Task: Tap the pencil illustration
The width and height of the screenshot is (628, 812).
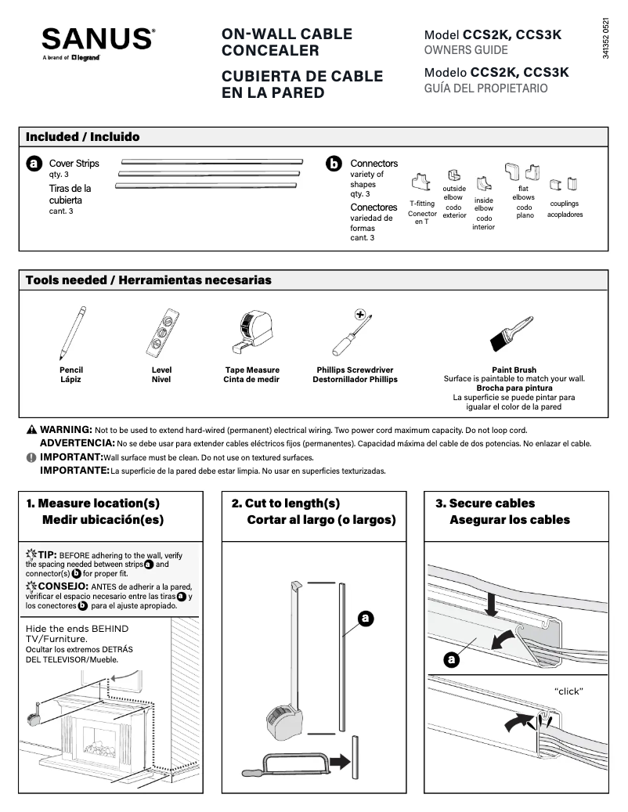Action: (71, 333)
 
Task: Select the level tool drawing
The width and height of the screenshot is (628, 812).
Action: (161, 333)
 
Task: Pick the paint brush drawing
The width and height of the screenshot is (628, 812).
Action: (513, 334)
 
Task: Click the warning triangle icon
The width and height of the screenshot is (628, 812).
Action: (31, 430)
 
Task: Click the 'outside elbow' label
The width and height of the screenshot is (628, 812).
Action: (454, 193)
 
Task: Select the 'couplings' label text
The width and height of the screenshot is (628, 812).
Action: (565, 204)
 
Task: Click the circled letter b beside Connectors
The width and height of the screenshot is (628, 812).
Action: (334, 164)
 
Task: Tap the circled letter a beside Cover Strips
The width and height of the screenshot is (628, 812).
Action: (34, 164)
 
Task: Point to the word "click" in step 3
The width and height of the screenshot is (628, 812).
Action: (568, 691)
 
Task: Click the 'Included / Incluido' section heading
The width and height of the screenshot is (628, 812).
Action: (83, 137)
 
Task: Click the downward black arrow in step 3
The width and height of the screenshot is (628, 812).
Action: (491, 604)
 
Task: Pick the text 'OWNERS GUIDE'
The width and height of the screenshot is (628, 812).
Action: (466, 50)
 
